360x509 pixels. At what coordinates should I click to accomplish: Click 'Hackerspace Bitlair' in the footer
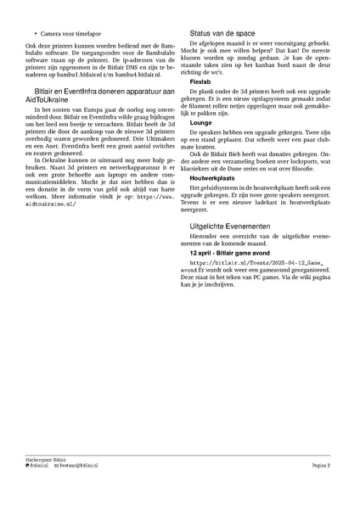click(46, 459)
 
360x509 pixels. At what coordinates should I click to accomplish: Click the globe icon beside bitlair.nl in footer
click(27, 466)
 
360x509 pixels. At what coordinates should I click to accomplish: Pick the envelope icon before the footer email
click(55, 466)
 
